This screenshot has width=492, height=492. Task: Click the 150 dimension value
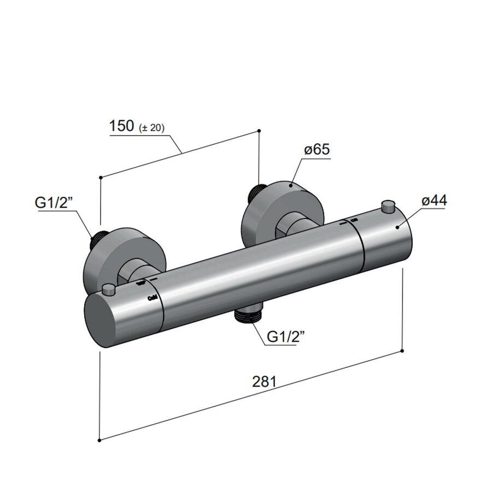[x=121, y=126]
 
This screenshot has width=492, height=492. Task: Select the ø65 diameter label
[x=318, y=150]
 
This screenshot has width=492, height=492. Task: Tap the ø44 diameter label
[x=434, y=201]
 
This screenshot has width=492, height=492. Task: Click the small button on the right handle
[x=388, y=206]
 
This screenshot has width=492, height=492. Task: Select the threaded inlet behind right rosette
[x=255, y=192]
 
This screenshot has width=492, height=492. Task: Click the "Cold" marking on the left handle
[x=153, y=298]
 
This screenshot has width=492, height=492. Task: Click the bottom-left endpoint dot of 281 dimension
[x=99, y=440]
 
